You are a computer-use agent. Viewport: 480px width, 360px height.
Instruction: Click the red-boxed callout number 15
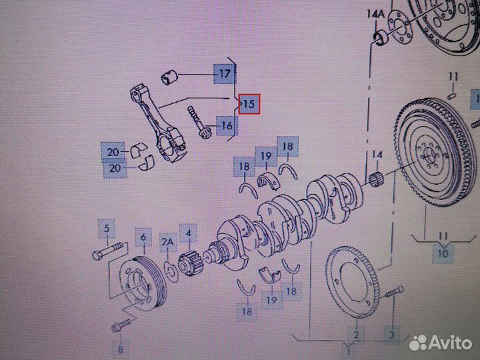tap(249, 104)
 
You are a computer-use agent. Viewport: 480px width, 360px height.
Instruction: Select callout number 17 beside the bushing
tap(225, 74)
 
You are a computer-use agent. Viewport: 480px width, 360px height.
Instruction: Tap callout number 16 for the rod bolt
tap(227, 125)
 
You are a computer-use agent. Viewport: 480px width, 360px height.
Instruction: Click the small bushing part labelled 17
tap(169, 77)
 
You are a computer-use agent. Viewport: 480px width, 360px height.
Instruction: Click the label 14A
tap(375, 14)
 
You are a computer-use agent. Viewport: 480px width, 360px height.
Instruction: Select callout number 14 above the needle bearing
tap(377, 155)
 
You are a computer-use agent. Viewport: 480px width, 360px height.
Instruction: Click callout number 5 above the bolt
tap(107, 229)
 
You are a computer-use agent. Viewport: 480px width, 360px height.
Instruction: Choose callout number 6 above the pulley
tap(143, 237)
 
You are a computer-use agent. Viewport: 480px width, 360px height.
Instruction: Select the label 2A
tap(167, 242)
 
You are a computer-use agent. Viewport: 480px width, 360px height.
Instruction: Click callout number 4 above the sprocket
tap(188, 233)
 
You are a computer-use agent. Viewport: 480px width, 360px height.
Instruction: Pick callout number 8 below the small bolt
tap(120, 349)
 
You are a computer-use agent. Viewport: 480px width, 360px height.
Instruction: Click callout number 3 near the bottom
tap(392, 335)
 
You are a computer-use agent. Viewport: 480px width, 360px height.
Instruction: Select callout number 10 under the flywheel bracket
tap(443, 253)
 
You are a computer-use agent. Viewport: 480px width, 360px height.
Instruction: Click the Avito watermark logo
tap(441, 343)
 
